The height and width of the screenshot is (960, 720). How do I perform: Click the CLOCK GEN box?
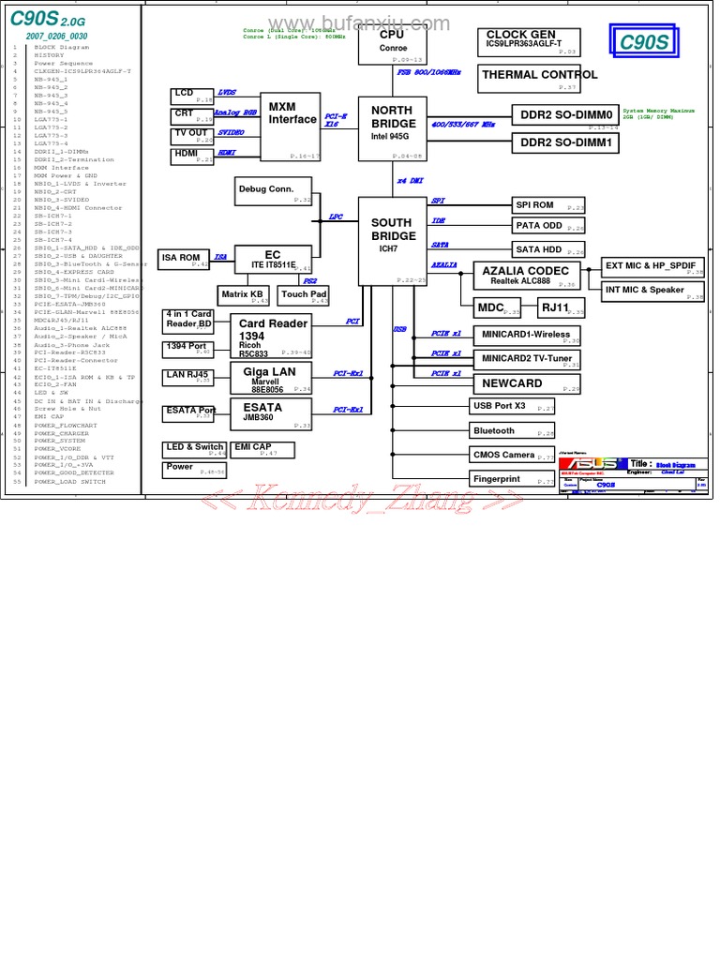(x=528, y=41)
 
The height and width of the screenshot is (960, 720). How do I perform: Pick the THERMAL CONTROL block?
(x=539, y=78)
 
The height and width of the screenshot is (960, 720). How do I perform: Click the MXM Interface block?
(x=292, y=127)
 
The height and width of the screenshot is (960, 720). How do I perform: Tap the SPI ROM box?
(x=548, y=205)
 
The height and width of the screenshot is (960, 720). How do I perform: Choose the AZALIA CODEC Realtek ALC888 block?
(x=526, y=276)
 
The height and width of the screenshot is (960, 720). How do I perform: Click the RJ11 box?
(x=561, y=307)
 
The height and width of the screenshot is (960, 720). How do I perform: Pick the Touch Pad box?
(x=305, y=295)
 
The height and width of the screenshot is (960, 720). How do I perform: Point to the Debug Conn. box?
(x=273, y=191)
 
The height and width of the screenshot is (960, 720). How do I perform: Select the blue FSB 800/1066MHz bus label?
(x=428, y=72)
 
